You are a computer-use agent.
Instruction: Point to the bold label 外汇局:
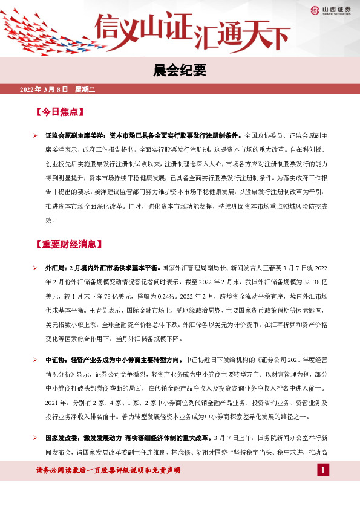click(56, 267)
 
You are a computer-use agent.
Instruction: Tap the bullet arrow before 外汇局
click(36, 267)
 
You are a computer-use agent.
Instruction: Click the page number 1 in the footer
click(323, 470)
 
